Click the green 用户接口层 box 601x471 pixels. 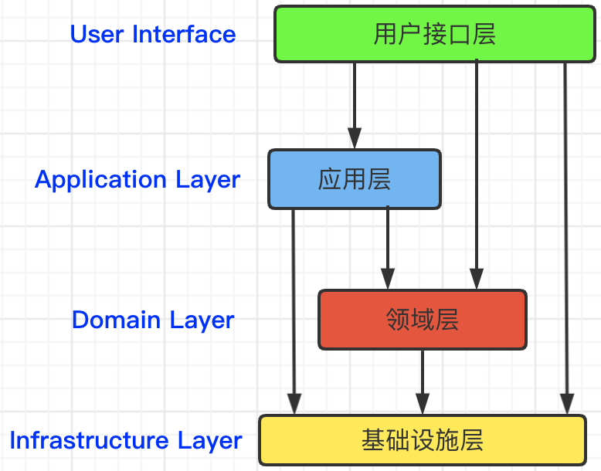[x=435, y=34]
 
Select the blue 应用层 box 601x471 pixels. [x=355, y=179]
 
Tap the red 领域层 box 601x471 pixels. [x=423, y=320]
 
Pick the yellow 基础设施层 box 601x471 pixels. [x=423, y=440]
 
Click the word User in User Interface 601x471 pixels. [x=97, y=34]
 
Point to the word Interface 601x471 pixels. [x=184, y=34]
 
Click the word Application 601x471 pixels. [x=100, y=180]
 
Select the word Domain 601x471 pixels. [x=116, y=320]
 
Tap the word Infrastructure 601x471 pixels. [x=89, y=440]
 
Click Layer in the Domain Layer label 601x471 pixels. [x=202, y=320]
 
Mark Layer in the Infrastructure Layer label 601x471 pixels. [x=209, y=441]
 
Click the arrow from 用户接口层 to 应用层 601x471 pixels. [x=355, y=105]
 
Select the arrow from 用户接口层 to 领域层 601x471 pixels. [x=477, y=175]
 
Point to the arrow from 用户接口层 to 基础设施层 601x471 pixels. [x=566, y=239]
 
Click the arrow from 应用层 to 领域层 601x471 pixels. [x=388, y=248]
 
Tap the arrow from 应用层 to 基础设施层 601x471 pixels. [x=294, y=312]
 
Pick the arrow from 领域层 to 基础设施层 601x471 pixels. [x=423, y=382]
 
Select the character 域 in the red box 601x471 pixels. [x=422, y=320]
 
